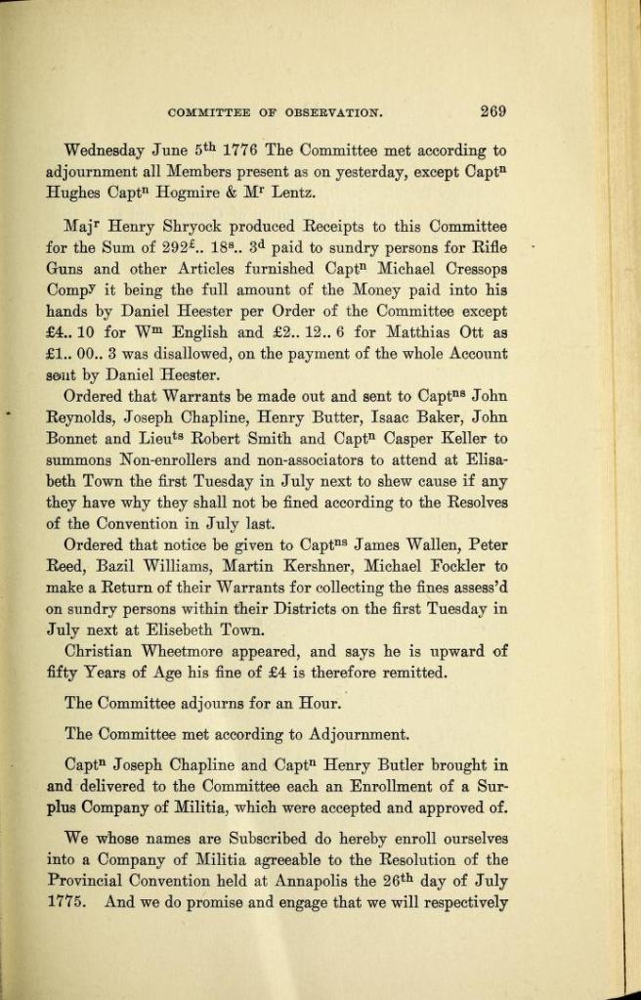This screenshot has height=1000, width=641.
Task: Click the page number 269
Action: (492, 111)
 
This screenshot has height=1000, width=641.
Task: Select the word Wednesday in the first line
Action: (104, 152)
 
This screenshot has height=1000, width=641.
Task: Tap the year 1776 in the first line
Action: (239, 152)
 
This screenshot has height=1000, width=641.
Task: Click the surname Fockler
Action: (449, 567)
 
